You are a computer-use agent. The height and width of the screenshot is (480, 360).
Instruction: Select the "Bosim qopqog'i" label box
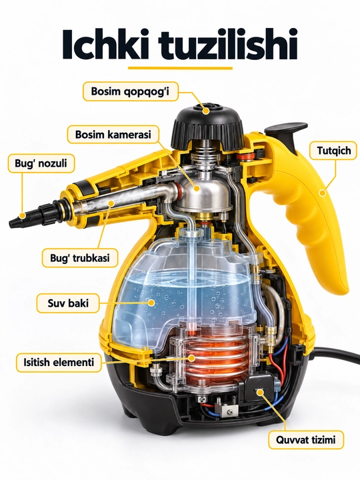coord(131,91)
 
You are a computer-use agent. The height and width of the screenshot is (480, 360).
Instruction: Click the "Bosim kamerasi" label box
coord(113,135)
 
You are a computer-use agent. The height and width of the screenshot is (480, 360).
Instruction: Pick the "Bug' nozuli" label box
coord(41,163)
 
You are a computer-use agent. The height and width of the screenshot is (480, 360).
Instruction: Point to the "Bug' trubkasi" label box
coord(80,258)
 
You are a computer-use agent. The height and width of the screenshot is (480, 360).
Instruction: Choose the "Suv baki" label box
coord(68,303)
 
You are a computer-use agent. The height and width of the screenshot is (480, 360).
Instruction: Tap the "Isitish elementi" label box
coord(59,363)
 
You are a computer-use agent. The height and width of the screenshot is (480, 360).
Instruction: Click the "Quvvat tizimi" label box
coord(306,440)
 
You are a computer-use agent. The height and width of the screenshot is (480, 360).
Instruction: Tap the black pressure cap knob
coord(208,125)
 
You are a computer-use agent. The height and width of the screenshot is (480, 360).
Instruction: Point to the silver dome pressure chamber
coord(203,191)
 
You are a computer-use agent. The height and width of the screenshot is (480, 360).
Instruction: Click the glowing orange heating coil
coord(211,356)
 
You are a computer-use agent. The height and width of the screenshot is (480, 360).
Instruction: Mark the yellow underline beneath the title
coord(180,67)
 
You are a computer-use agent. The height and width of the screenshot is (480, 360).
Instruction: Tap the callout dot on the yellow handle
coord(322,193)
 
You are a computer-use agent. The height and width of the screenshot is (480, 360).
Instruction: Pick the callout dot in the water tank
coord(151,303)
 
